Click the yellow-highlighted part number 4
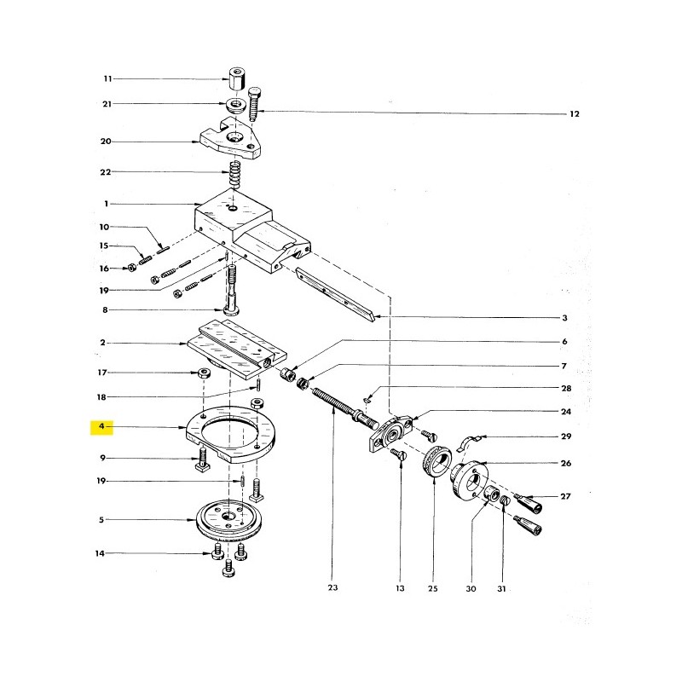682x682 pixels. [101, 426]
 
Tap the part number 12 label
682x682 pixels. [574, 114]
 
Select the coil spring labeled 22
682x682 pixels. [235, 174]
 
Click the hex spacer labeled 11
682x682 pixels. [237, 78]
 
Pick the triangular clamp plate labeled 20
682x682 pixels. [230, 138]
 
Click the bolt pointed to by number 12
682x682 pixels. [254, 103]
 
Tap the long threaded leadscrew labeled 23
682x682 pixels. [344, 406]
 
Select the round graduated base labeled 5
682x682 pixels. [228, 520]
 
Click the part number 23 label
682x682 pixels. [332, 587]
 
